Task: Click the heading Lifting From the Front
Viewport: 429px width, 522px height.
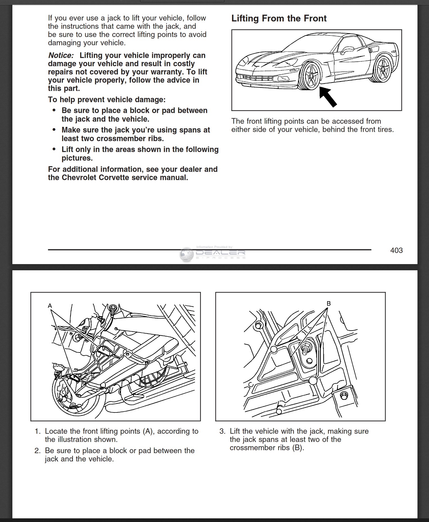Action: tap(279, 19)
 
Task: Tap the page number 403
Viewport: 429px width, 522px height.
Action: tap(396, 250)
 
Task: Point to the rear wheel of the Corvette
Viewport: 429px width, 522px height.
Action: tap(383, 69)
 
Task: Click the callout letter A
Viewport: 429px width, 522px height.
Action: tap(50, 306)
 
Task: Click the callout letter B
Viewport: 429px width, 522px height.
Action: tap(329, 304)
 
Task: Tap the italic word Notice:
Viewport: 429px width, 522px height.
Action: tap(61, 55)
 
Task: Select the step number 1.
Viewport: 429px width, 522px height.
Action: tap(37, 431)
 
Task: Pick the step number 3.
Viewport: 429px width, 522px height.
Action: tap(222, 431)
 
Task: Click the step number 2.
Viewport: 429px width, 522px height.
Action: tap(37, 451)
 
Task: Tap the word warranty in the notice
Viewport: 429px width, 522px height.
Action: tap(166, 72)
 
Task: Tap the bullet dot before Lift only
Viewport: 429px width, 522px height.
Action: tap(54, 150)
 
